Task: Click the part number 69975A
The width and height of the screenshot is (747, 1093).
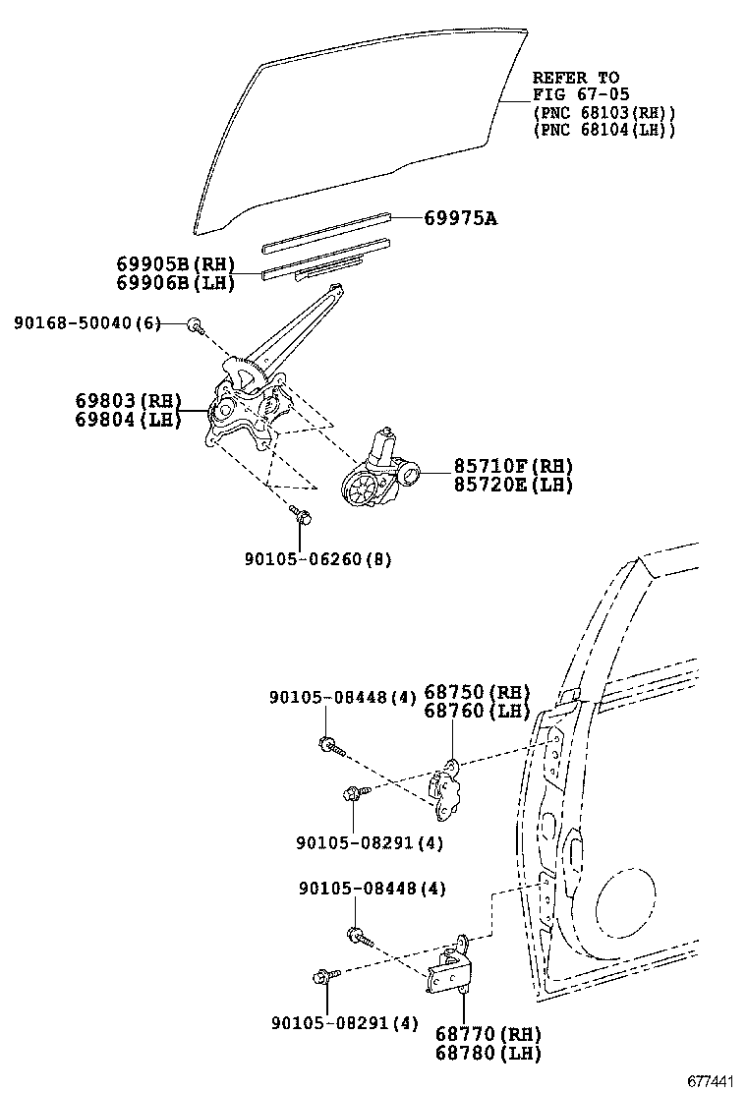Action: coord(460,218)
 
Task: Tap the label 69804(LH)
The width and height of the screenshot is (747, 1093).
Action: coord(129,420)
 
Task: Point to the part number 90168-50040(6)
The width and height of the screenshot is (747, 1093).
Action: coord(87,323)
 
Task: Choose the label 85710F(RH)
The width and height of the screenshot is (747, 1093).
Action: coord(512,466)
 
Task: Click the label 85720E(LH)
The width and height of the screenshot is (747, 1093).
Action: coord(512,485)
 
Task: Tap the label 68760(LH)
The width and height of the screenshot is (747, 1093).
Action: coord(477,711)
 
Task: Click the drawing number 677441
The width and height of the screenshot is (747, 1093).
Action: coord(711,1081)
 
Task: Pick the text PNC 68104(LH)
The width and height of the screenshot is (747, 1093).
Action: coord(603,130)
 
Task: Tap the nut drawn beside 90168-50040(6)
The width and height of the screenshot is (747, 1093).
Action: coord(196,324)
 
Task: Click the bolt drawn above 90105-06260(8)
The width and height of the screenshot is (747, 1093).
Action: coord(300,514)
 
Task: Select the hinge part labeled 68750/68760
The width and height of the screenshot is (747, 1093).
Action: coord(447,789)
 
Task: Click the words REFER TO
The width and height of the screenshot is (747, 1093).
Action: coord(576,78)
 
